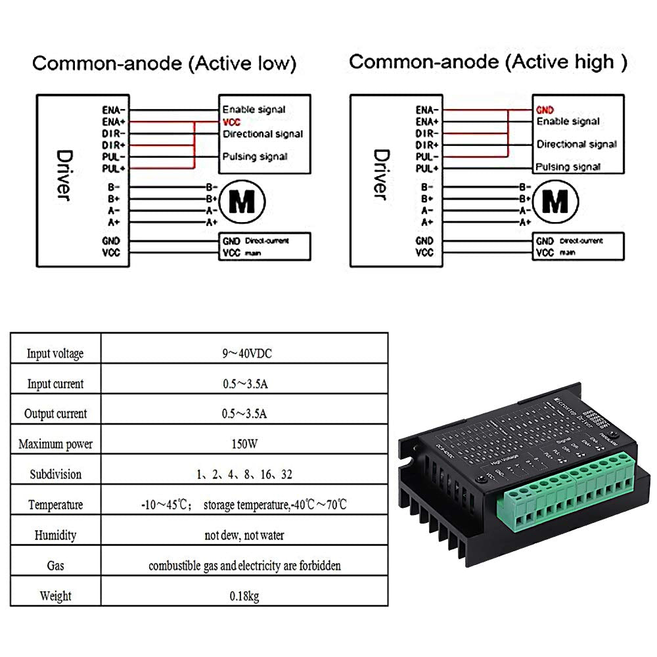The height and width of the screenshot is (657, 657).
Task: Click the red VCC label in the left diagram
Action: [x=232, y=122]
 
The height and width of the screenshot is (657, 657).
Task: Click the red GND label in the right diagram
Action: [x=545, y=110]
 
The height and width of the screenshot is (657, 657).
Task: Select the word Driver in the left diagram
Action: [x=64, y=175]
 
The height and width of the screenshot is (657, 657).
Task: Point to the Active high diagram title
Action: [x=487, y=62]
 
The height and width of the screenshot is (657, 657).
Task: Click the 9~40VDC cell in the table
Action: [x=246, y=353]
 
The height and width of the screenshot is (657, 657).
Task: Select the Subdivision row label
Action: [x=56, y=474]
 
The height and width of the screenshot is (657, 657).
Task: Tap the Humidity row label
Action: [x=56, y=535]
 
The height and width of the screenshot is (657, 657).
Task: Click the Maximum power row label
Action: [x=56, y=444]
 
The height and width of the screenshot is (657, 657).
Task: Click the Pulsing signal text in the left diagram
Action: [x=255, y=156]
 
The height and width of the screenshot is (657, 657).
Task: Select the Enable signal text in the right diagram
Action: [x=568, y=122]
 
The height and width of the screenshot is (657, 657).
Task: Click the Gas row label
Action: [x=56, y=565]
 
